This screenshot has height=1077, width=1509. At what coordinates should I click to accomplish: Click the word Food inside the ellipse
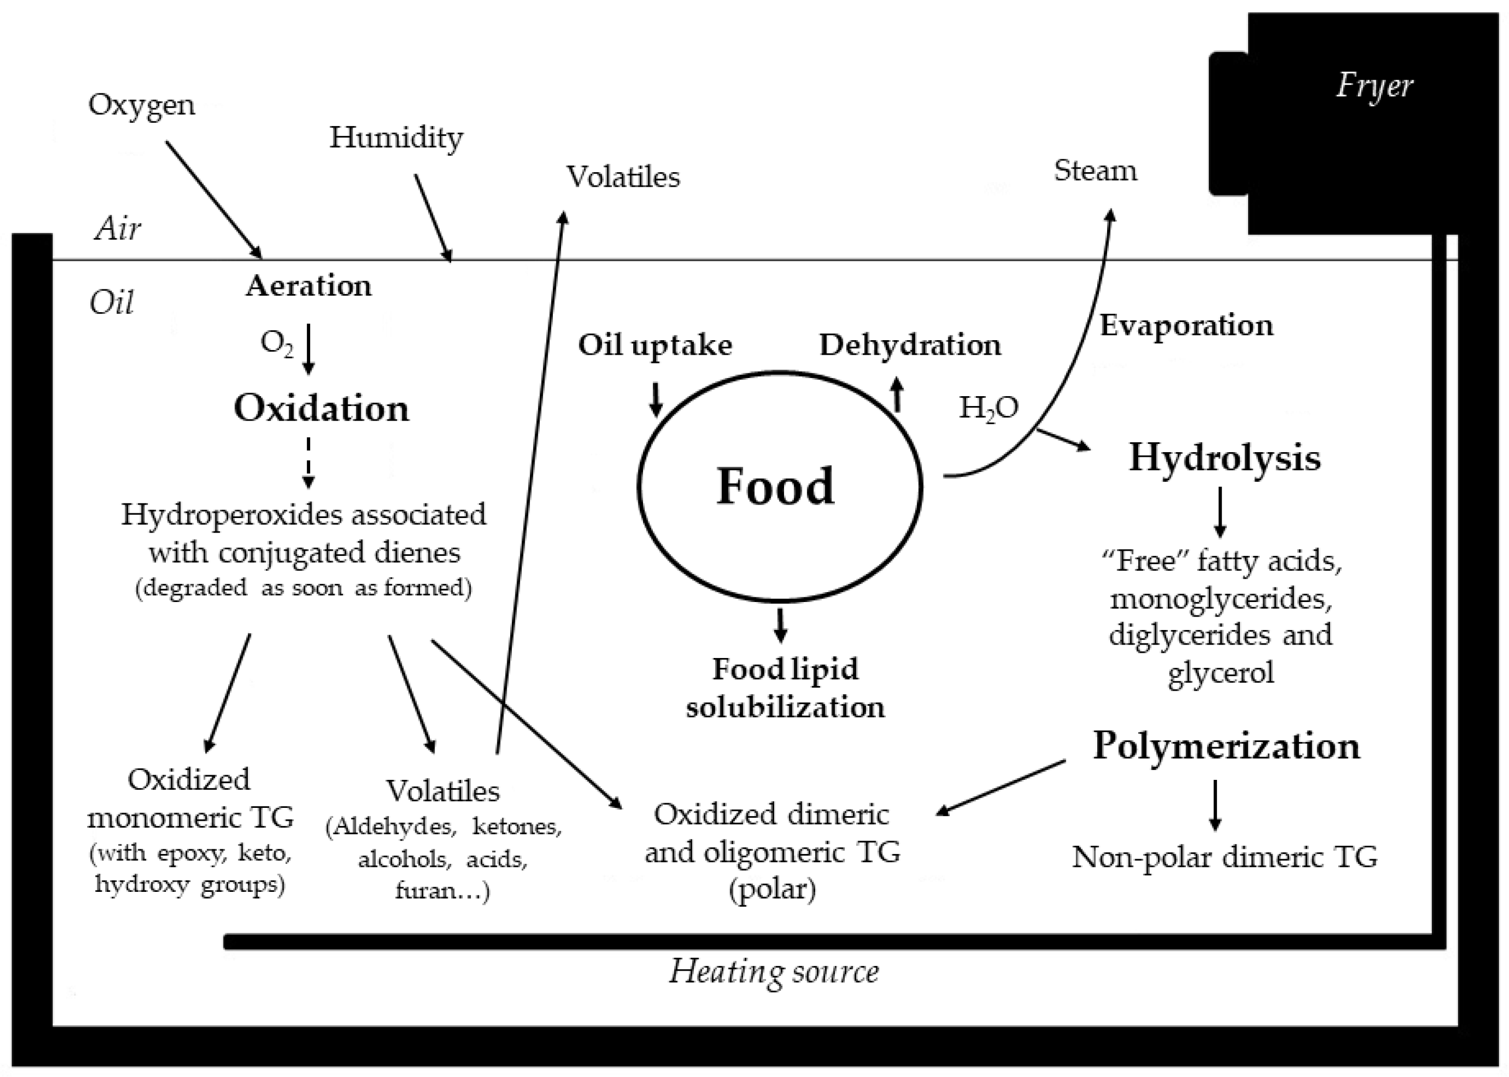775,486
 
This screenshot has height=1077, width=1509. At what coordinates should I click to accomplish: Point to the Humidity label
396,138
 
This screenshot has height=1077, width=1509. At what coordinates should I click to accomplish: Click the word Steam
1095,171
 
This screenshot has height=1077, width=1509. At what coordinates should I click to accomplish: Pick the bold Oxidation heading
322,408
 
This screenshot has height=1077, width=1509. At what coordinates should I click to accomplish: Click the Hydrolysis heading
1224,457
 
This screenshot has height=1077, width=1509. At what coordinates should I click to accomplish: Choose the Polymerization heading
1226,746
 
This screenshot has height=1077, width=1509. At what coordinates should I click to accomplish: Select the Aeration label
309,286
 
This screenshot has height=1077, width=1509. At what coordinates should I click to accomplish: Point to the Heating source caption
774,972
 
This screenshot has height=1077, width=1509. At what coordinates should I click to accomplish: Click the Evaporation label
1186,326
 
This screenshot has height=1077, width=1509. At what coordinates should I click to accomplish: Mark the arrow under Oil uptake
655,399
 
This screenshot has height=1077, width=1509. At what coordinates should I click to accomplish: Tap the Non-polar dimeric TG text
1224,857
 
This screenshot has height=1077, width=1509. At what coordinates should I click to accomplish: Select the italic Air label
117,229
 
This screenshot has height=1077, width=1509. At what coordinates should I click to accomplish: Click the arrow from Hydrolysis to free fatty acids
1220,512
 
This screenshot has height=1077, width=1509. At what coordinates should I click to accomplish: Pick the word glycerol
1221,673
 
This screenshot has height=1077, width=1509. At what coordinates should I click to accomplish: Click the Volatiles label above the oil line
623,177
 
